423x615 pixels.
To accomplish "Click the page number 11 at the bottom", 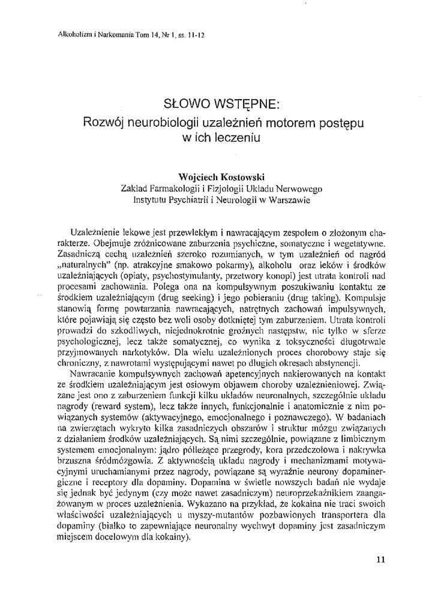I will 380,559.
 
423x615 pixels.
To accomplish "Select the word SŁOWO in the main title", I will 187,103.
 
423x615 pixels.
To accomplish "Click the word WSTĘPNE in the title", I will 247,103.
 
